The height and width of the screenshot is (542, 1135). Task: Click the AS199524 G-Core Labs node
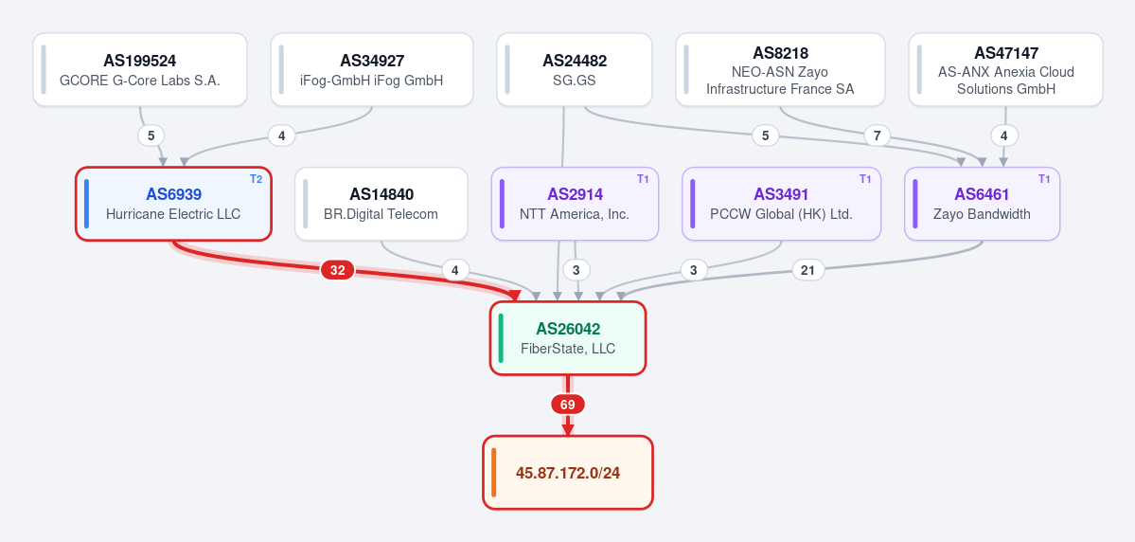point(140,69)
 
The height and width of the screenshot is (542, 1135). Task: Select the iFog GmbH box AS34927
point(372,69)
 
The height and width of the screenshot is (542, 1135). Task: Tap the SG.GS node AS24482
point(574,69)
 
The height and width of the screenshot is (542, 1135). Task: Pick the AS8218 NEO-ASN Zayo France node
point(780,69)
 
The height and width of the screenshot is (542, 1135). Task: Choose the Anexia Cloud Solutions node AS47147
point(1005,69)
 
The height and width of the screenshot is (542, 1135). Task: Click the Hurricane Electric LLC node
point(174,204)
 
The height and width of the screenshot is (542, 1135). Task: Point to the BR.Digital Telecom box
point(381,204)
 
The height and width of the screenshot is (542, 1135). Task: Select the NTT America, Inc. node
point(575,204)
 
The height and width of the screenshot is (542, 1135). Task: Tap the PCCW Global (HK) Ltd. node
point(781,204)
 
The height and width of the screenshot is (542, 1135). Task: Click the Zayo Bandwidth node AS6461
point(983,204)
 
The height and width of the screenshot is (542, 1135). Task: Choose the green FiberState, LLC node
point(568,338)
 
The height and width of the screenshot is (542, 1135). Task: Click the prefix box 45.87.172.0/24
point(568,473)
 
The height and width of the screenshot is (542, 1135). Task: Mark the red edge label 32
point(337,270)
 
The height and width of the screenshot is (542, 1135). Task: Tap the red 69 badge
point(568,405)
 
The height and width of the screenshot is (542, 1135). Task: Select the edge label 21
point(807,270)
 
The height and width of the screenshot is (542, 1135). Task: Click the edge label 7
point(878,135)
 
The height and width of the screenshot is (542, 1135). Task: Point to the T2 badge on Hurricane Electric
point(257,179)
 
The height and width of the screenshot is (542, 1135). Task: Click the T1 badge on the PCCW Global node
point(865,179)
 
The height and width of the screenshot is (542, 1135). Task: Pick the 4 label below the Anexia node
point(1004,135)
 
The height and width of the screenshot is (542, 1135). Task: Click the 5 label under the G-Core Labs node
point(151,135)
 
